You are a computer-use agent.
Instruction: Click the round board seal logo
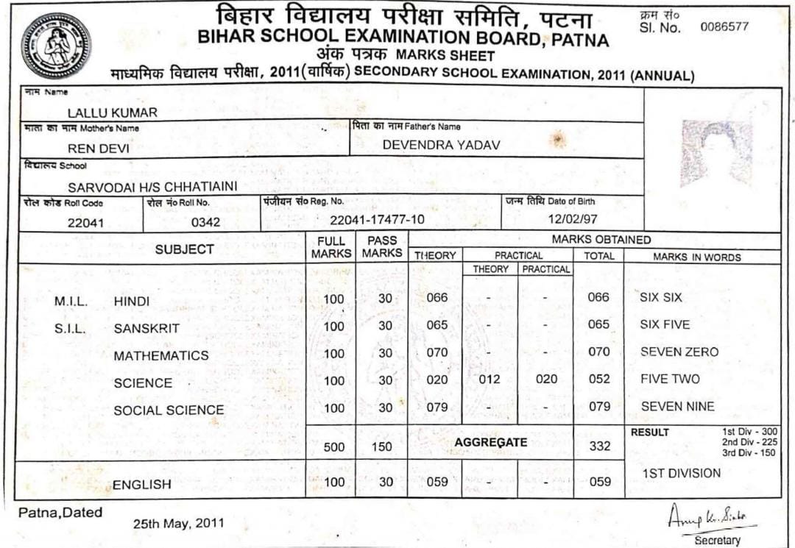point(57,45)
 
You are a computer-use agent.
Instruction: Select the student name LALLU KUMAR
point(113,113)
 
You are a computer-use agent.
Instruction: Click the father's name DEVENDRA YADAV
point(441,146)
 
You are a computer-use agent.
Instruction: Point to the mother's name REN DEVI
point(99,149)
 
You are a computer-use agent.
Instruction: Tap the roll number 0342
point(205,221)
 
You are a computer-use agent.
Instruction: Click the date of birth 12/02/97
point(573,218)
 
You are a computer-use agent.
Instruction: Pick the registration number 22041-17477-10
point(377,220)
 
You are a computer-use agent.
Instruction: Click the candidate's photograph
point(715,152)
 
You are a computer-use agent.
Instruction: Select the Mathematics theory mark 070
point(437,352)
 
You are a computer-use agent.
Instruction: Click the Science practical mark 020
point(545,380)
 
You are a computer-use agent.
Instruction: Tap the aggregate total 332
point(599,446)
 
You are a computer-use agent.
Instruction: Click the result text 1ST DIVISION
point(682,473)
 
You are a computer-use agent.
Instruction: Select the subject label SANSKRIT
point(146,329)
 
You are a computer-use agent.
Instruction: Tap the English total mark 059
point(599,482)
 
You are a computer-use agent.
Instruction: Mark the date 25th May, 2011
point(174,524)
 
